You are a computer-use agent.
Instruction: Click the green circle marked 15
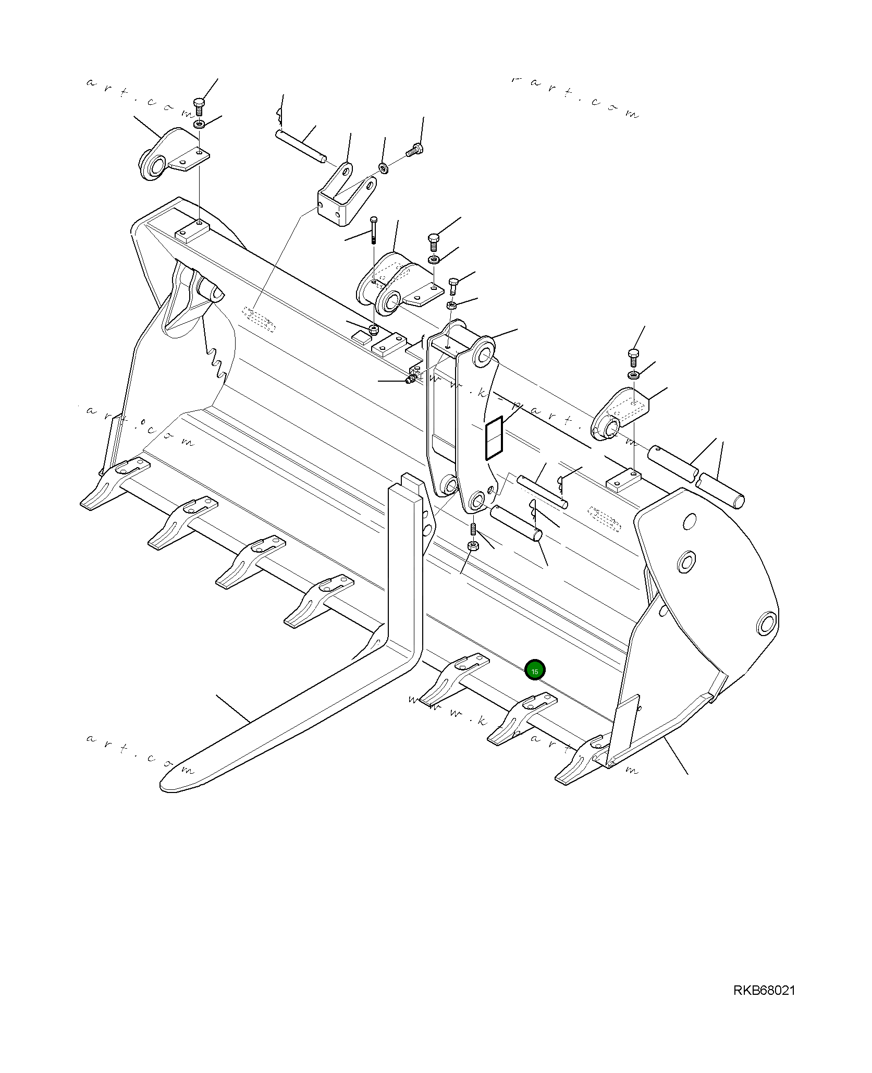point(535,670)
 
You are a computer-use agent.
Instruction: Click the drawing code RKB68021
point(764,1005)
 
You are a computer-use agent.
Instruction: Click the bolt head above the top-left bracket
point(200,103)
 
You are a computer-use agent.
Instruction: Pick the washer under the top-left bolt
point(199,125)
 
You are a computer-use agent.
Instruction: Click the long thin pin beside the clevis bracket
point(301,145)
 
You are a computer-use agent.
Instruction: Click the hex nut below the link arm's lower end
point(473,546)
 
